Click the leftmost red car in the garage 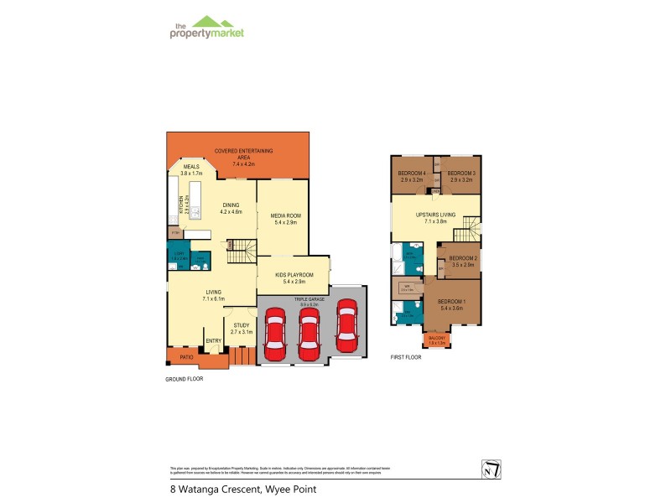click(x=274, y=333)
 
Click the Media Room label click(x=286, y=215)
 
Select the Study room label click(x=240, y=327)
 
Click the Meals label click(x=191, y=167)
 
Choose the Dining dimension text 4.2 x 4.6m click(x=231, y=211)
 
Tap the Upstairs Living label click(x=436, y=215)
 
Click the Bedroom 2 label click(x=463, y=258)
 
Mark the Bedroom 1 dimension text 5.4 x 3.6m click(x=452, y=309)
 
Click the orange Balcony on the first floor click(x=437, y=340)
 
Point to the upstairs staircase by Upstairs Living click(x=474, y=227)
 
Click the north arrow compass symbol click(x=492, y=469)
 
